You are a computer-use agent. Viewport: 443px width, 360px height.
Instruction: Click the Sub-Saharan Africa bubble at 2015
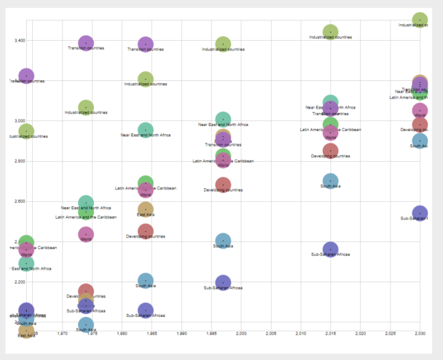pyautogui.click(x=330, y=249)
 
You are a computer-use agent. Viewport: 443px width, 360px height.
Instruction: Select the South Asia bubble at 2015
pyautogui.click(x=330, y=180)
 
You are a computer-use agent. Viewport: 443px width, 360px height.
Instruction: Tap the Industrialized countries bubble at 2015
pyautogui.click(x=330, y=31)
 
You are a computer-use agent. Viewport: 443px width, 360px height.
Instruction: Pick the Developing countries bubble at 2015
pyautogui.click(x=330, y=151)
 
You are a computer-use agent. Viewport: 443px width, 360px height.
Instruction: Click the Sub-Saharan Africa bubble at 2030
pyautogui.click(x=420, y=214)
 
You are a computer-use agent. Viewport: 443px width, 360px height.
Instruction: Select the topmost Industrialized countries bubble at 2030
pyautogui.click(x=420, y=20)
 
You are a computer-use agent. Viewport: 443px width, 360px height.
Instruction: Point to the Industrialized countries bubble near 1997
pyautogui.click(x=223, y=44)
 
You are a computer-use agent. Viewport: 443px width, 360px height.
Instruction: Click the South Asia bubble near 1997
pyautogui.click(x=223, y=240)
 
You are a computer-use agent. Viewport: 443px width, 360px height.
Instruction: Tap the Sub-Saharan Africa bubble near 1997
pyautogui.click(x=223, y=282)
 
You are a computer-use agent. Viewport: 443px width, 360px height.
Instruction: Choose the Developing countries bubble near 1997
pyautogui.click(x=223, y=184)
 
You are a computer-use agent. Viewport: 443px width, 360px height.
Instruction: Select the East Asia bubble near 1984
pyautogui.click(x=146, y=209)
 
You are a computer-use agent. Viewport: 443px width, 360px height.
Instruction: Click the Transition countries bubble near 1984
pyautogui.click(x=146, y=44)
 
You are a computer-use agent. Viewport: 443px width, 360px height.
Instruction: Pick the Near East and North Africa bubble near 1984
pyautogui.click(x=146, y=130)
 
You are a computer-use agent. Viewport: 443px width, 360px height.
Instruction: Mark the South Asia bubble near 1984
pyautogui.click(x=146, y=280)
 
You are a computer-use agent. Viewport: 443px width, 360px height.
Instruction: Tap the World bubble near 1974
pyautogui.click(x=86, y=234)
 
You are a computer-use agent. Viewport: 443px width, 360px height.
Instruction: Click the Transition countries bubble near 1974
pyautogui.click(x=86, y=44)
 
